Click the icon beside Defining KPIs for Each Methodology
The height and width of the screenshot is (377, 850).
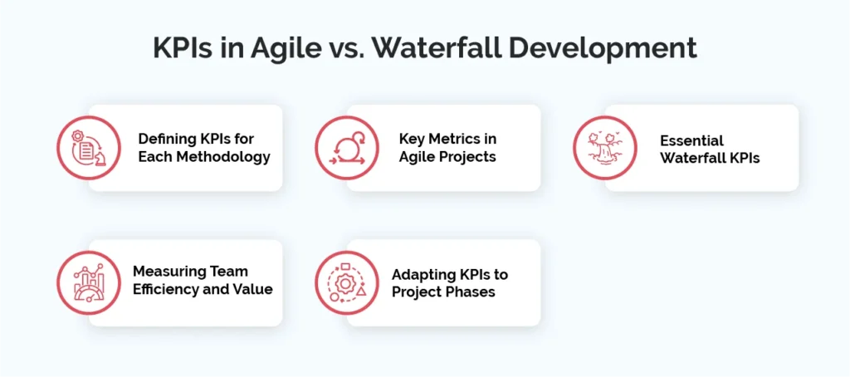[88, 148]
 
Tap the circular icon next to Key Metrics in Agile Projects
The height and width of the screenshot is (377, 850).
[347, 148]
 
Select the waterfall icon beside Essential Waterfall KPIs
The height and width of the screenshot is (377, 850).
[605, 148]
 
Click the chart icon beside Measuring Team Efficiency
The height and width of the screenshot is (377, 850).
[88, 283]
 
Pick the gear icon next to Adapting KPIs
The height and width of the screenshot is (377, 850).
[347, 283]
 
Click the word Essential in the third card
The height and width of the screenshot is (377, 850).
[691, 140]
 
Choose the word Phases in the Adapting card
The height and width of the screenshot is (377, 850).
[472, 292]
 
